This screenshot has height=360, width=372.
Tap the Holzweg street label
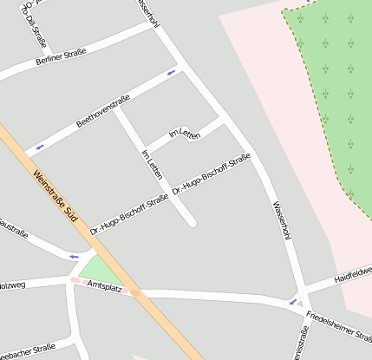point(12,283)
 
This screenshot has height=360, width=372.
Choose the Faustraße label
point(13,229)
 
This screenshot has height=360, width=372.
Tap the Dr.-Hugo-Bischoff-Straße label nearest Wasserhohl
point(212,173)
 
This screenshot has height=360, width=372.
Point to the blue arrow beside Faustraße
point(74,256)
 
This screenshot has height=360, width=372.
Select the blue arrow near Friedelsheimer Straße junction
point(292,302)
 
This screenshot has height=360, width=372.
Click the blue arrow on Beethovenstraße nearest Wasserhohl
point(171,72)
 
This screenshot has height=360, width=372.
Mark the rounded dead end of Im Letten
point(193,224)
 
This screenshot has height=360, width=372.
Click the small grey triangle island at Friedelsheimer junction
point(300,304)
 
